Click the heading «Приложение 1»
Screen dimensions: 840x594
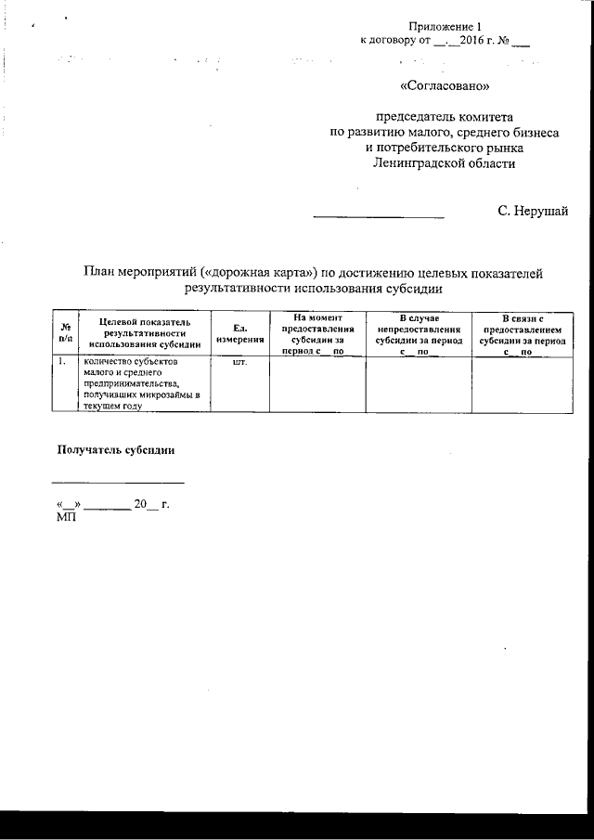(445, 27)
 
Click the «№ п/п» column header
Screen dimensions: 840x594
(66, 332)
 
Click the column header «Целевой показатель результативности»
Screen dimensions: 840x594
(146, 332)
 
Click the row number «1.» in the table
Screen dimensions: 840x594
(61, 363)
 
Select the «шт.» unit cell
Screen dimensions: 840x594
(239, 363)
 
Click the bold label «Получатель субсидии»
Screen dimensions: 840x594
(117, 449)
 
